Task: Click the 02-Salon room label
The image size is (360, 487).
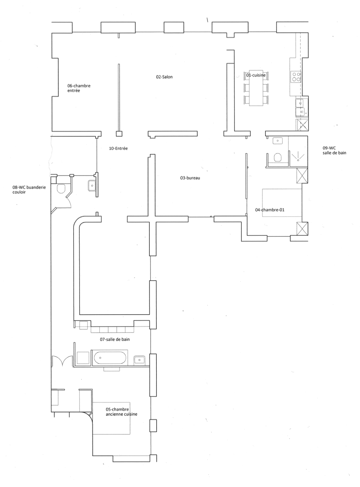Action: tap(164, 77)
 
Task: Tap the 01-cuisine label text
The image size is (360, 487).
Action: tap(256, 75)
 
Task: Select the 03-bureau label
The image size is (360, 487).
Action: tap(190, 178)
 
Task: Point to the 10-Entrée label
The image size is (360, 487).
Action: tap(118, 148)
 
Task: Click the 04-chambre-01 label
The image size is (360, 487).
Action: tap(270, 210)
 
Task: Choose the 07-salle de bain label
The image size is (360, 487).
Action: tap(115, 339)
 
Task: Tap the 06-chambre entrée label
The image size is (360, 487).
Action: tap(79, 88)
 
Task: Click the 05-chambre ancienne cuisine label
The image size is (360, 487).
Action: tap(121, 412)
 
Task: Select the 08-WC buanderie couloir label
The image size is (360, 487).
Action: tap(29, 190)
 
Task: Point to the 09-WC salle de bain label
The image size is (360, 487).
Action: tap(334, 151)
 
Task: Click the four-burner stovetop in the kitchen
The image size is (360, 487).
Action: tap(296, 77)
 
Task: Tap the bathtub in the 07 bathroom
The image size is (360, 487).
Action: tap(110, 358)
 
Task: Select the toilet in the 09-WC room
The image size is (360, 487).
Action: tap(278, 157)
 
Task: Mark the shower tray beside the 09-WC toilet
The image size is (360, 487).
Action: tap(298, 151)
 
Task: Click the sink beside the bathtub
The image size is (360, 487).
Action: tap(139, 360)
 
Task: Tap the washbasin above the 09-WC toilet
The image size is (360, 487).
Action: tap(278, 140)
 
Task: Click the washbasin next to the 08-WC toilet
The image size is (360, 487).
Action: tap(92, 186)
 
